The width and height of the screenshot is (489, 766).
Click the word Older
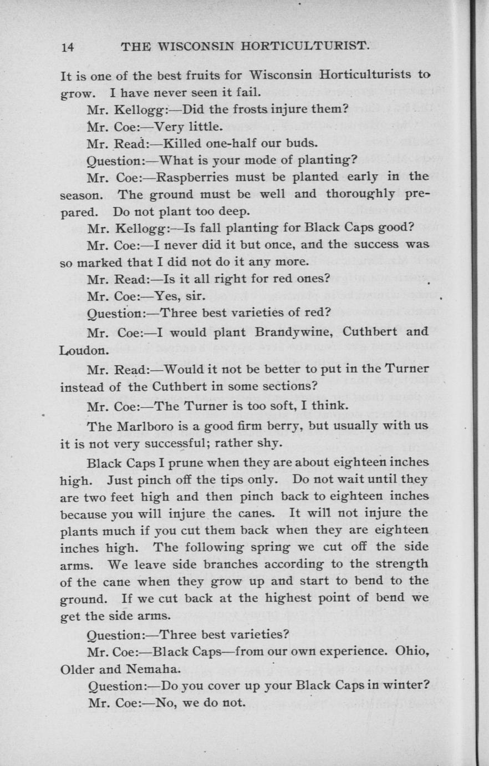(x=78, y=668)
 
